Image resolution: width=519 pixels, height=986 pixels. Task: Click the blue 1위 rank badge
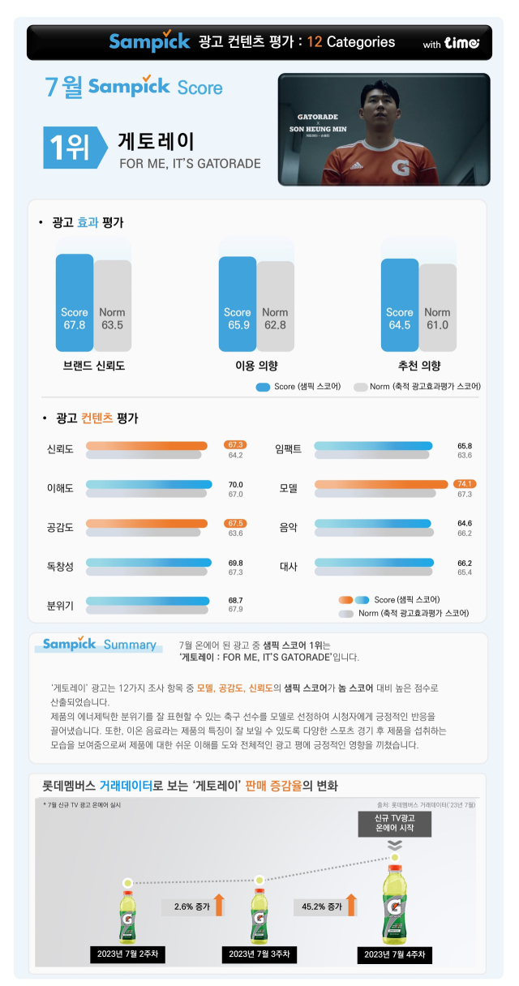tap(70, 146)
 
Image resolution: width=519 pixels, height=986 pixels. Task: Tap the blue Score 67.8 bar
tap(74, 300)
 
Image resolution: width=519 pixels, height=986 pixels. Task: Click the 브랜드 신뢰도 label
tap(93, 366)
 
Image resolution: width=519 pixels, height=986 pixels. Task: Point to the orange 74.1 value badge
tap(465, 484)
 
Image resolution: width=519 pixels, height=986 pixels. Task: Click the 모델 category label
tap(289, 488)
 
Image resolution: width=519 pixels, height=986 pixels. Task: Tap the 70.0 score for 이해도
tap(236, 484)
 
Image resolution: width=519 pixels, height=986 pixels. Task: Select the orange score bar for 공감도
tap(147, 523)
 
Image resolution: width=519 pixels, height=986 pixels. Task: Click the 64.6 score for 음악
tap(465, 523)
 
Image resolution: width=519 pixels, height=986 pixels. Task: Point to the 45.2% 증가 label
tap(318, 906)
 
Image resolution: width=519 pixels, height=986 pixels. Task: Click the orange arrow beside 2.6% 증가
tap(218, 906)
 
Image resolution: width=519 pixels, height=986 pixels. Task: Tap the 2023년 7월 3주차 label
tap(259, 954)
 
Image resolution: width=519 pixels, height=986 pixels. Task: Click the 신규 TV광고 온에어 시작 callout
tap(392, 825)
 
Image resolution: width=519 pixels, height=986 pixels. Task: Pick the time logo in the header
tap(462, 43)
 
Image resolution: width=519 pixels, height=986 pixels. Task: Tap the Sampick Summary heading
tap(99, 645)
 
